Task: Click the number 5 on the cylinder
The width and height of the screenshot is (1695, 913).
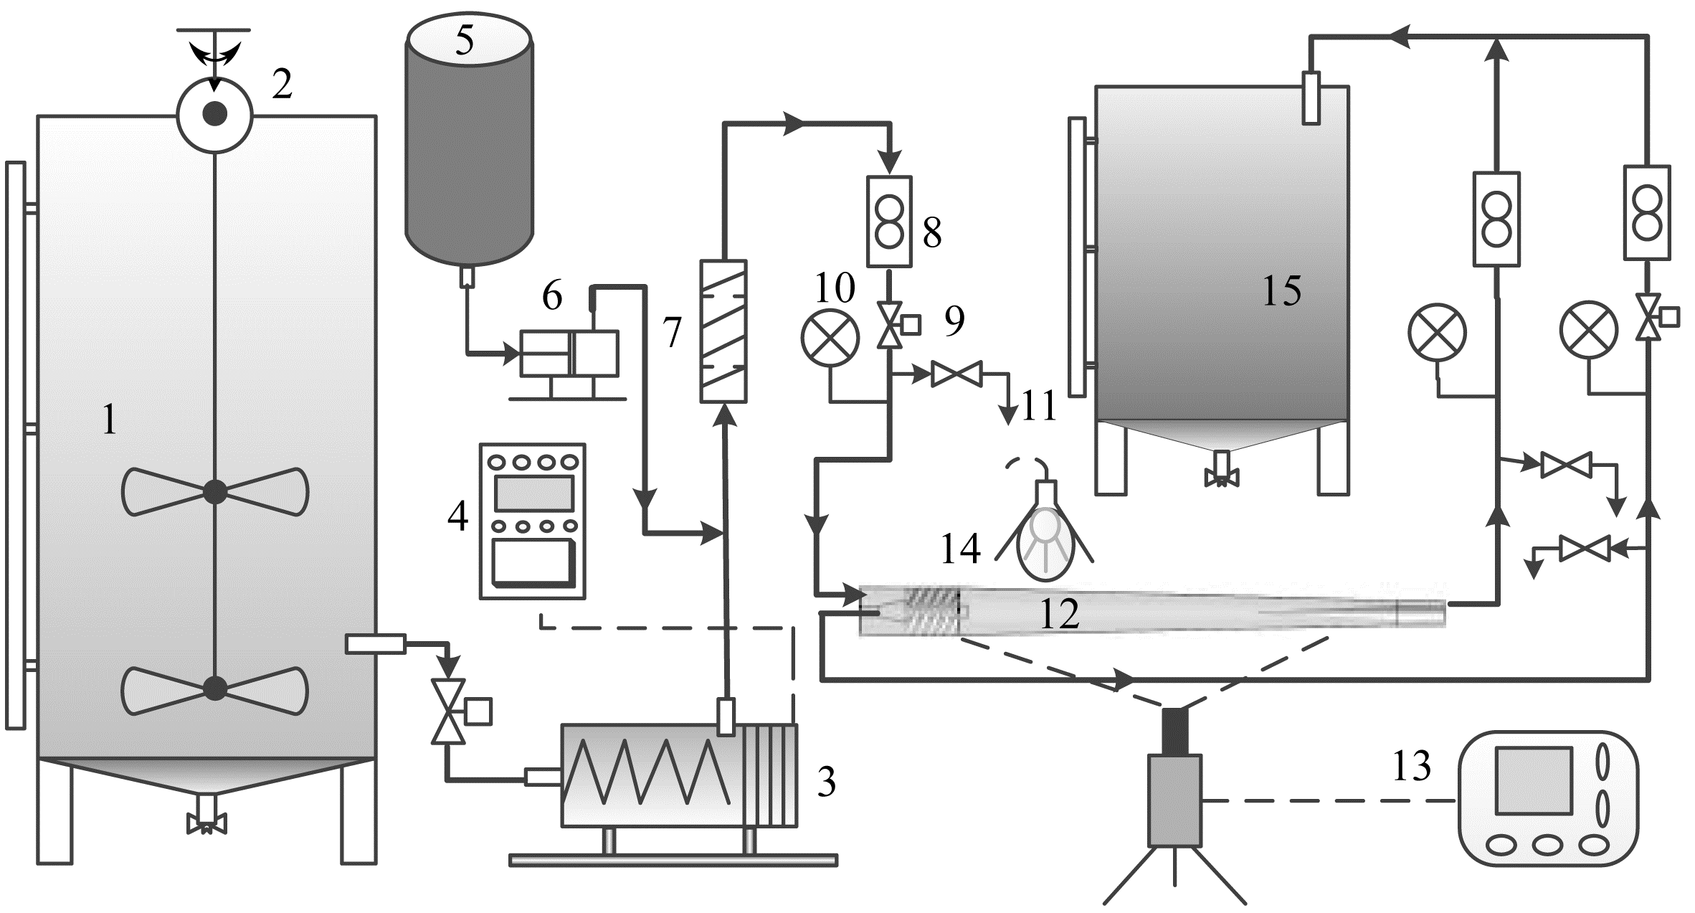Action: click(x=465, y=40)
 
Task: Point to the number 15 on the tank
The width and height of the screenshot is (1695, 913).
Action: click(x=1282, y=290)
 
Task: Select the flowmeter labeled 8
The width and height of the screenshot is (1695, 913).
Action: click(x=890, y=222)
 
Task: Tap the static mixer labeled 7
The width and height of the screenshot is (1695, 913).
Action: click(x=723, y=331)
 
